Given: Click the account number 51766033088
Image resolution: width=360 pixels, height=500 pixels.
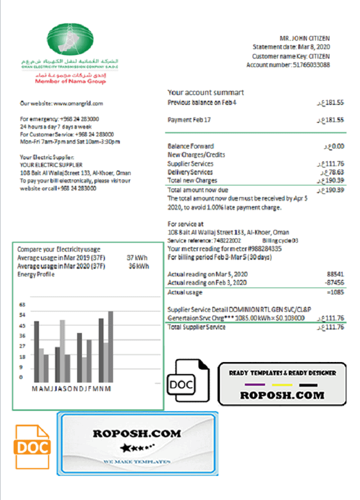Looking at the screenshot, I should [x=310, y=65].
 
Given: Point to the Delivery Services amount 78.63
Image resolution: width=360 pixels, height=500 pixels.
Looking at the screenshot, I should [x=332, y=172].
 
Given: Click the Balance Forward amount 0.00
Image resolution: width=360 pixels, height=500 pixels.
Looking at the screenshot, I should [x=335, y=146].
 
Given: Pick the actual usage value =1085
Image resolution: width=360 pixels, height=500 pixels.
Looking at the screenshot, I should [x=334, y=292].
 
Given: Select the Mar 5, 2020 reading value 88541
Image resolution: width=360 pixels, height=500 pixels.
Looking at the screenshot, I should [x=335, y=274].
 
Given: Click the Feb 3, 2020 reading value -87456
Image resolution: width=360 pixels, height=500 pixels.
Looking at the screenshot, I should [x=333, y=283].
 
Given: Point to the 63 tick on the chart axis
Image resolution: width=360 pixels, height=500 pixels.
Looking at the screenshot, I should [x=22, y=304].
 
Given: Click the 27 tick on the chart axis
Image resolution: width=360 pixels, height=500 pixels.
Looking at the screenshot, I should [x=22, y=346].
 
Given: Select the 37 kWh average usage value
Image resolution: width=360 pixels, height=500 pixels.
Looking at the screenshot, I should [x=137, y=257].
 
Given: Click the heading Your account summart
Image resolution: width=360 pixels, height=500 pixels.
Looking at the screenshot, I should [x=205, y=92].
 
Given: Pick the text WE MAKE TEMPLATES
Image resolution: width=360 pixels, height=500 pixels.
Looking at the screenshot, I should [x=137, y=460].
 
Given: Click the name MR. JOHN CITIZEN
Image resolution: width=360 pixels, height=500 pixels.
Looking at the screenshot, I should [x=304, y=38].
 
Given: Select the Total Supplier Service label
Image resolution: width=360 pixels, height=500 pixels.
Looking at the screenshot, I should [x=196, y=327].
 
